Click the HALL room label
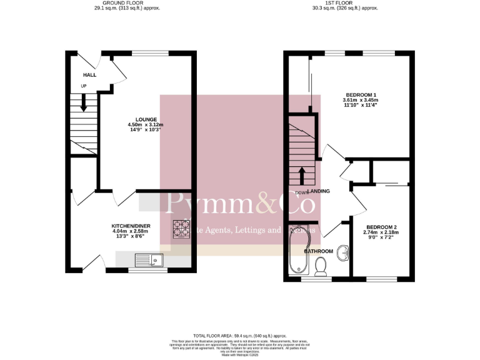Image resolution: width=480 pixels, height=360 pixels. pos(80,75)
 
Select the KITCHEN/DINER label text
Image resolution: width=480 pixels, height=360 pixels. pos(131,226)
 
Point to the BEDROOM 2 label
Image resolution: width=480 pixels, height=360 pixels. pos(382,227)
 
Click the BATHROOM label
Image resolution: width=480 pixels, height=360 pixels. pos(318,251)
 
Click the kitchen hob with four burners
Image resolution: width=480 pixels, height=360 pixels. pos(181,229)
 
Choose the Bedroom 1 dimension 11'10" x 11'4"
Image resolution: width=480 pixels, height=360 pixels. pos(359,106)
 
